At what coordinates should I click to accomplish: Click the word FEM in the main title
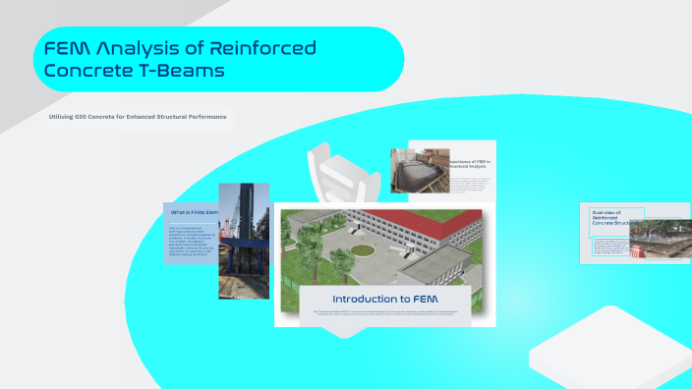(x=69, y=47)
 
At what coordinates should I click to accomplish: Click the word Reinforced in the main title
(x=260, y=47)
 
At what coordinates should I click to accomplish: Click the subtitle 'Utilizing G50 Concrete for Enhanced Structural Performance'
(x=138, y=117)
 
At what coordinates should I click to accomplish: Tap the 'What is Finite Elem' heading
(x=193, y=212)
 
